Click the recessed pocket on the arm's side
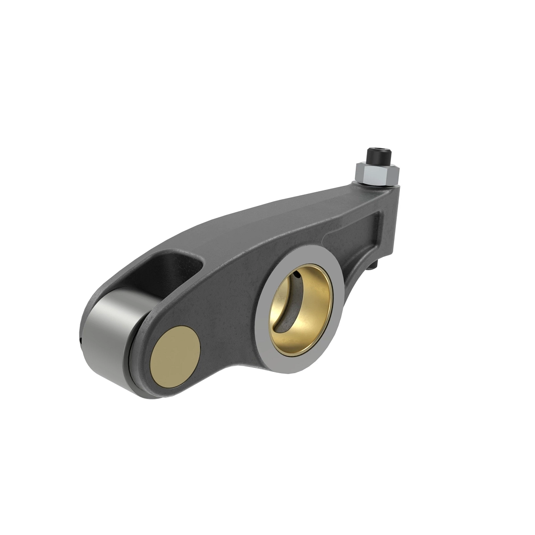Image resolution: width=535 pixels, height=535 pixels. click(357, 232)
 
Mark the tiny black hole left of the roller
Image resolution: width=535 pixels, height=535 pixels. click(80, 342)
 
